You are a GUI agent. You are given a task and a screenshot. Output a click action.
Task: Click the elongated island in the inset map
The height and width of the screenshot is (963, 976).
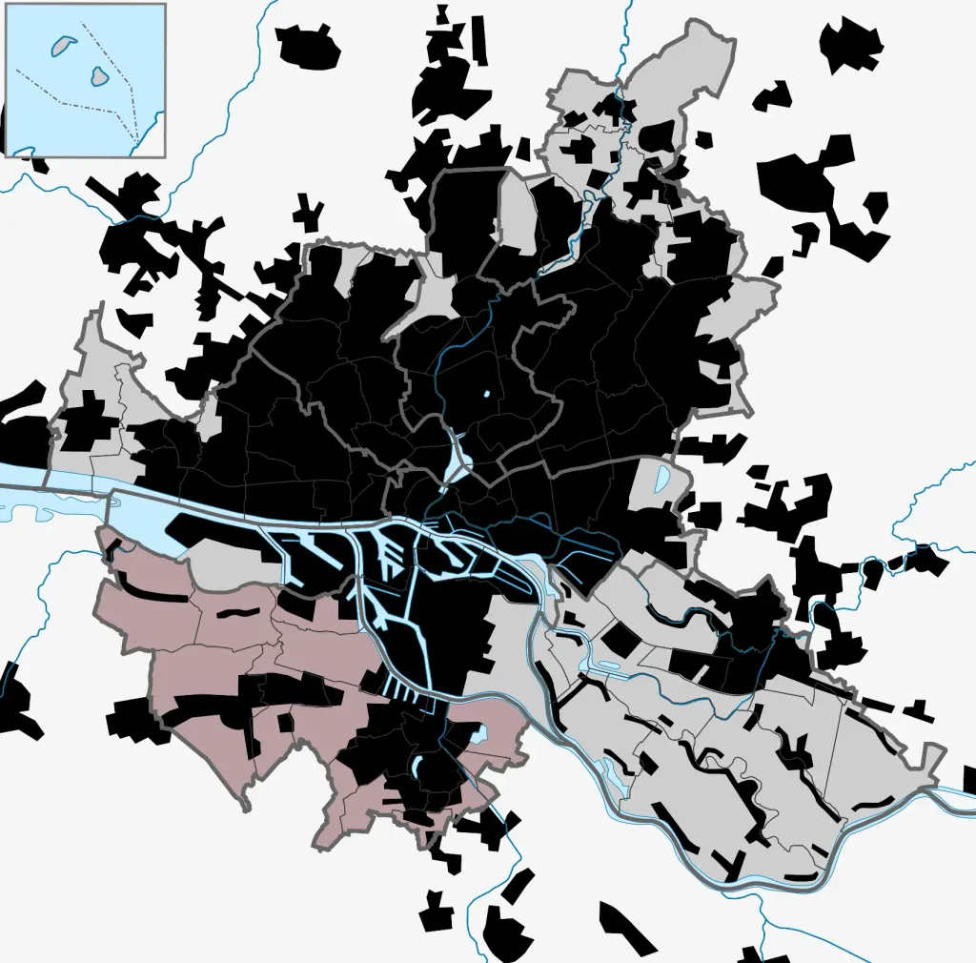pos(64,44)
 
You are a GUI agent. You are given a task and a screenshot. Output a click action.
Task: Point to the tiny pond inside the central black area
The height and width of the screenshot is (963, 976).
pos(486,393)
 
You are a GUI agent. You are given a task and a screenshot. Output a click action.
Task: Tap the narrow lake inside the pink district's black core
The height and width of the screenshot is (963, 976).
pos(418,767)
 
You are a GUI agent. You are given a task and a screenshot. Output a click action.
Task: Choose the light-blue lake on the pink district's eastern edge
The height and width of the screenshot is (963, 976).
pos(478,735)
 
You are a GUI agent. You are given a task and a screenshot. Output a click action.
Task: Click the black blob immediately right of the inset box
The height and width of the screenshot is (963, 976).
pos(307,43)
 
